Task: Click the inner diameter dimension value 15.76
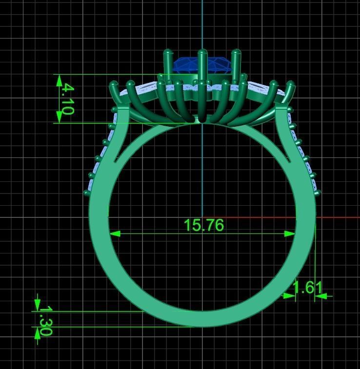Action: pos(203,225)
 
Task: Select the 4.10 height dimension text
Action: pos(67,99)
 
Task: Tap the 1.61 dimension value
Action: pos(307,287)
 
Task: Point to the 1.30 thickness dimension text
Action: pos(45,320)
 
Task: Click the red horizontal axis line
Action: pos(337,217)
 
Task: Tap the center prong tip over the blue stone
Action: pos(202,52)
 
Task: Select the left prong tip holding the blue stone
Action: pos(168,52)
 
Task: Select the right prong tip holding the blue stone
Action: pos(236,52)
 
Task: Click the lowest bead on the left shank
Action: pos(87,193)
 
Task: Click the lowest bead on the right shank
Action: pos(318,194)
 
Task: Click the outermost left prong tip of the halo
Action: pos(114,85)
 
